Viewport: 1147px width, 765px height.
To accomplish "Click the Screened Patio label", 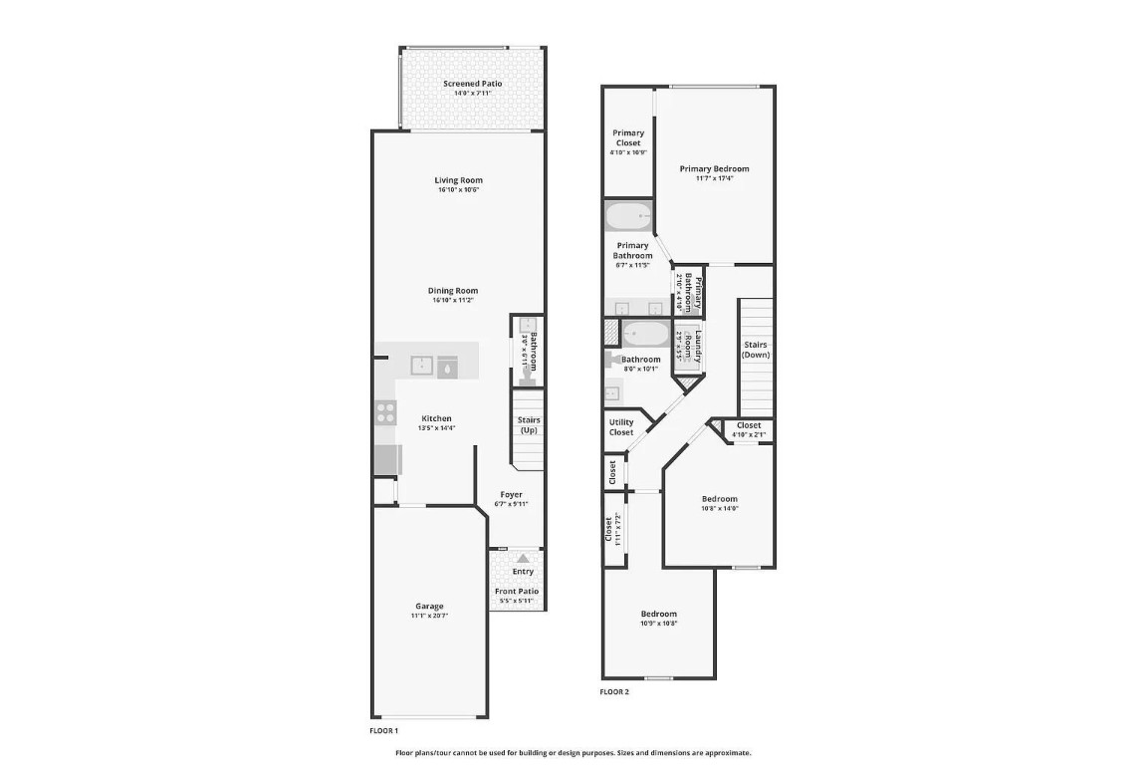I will pos(472,84).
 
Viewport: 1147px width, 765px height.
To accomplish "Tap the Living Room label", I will pos(458,180).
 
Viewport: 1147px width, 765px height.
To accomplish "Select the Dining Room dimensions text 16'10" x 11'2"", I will pos(454,300).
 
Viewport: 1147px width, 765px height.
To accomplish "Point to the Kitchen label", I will pos(436,418).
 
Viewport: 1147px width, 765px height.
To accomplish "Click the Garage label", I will pos(429,606).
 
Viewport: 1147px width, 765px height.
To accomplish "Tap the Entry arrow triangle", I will pos(523,559).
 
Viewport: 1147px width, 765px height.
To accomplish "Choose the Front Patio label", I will pos(517,592).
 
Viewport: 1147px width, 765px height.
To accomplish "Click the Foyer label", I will pos(511,495).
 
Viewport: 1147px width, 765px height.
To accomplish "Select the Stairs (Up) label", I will pos(529,425).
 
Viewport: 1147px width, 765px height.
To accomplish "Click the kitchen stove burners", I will pos(385,411).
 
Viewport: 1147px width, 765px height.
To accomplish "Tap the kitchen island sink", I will pos(423,366).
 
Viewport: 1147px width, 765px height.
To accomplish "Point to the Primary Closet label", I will pos(628,137).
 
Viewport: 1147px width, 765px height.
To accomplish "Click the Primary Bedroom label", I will pos(714,169).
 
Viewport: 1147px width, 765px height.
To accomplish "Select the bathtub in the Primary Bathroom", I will pos(628,216).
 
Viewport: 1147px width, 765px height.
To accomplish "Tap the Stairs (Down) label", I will pos(756,350).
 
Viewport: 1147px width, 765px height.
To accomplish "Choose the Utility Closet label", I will pos(620,427).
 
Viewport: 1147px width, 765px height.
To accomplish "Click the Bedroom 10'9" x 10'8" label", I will pos(658,614).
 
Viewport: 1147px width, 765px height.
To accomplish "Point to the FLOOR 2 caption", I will pos(614,691).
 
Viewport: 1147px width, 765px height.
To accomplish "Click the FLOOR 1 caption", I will pos(383,730).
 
